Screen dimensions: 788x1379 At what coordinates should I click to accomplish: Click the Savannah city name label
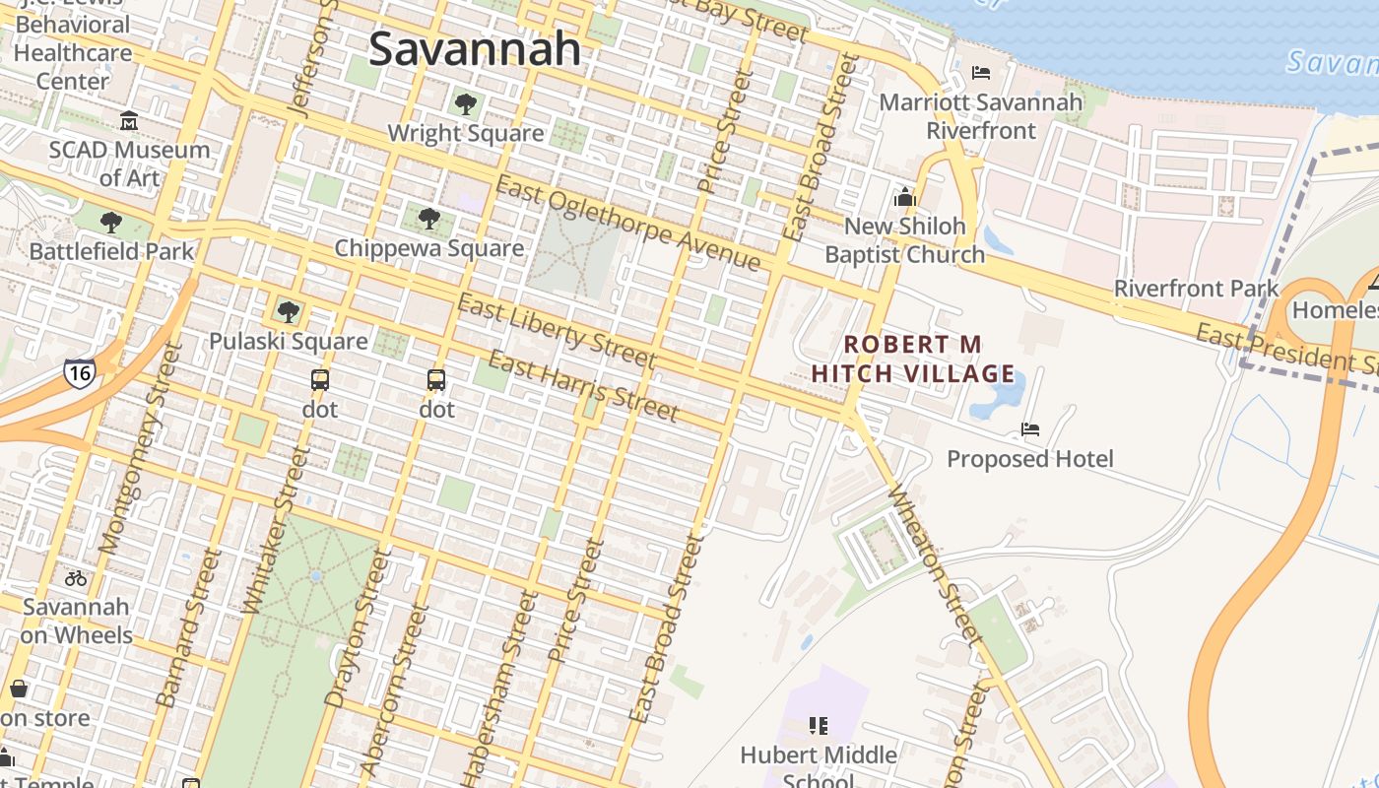pyautogui.click(x=475, y=48)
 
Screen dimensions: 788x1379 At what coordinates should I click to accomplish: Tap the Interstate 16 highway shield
pyautogui.click(x=79, y=373)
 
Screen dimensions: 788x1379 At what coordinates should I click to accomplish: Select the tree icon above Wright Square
pyautogui.click(x=466, y=103)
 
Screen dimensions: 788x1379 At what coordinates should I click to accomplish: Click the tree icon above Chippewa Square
pyautogui.click(x=428, y=218)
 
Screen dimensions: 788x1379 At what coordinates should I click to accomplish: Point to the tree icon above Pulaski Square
pyautogui.click(x=288, y=312)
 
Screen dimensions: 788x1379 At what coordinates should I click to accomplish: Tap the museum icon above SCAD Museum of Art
pyautogui.click(x=129, y=121)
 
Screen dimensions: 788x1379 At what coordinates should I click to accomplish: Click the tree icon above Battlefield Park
pyautogui.click(x=111, y=223)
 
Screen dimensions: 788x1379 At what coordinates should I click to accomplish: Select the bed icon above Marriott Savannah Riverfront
pyautogui.click(x=980, y=73)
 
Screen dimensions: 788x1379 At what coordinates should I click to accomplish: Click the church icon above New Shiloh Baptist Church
pyautogui.click(x=904, y=197)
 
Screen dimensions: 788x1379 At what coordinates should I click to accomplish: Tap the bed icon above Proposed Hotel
pyautogui.click(x=1030, y=429)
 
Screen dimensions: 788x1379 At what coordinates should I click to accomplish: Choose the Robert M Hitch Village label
pyautogui.click(x=912, y=359)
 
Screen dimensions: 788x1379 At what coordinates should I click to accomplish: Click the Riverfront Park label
pyautogui.click(x=1196, y=289)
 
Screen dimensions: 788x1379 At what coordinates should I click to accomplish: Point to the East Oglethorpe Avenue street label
pyautogui.click(x=628, y=223)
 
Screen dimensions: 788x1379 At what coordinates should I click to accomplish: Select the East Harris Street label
pyautogui.click(x=583, y=385)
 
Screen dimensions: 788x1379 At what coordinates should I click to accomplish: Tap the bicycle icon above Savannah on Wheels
pyautogui.click(x=76, y=578)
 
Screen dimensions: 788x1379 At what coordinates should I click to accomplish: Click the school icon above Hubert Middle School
pyautogui.click(x=818, y=726)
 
